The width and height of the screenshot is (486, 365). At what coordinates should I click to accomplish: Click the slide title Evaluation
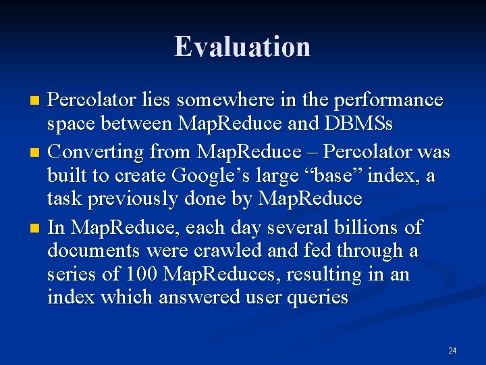coord(242,47)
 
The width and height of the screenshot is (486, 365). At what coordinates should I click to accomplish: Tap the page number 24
coord(452,351)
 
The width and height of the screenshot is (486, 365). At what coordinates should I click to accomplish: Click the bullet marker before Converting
coord(36,151)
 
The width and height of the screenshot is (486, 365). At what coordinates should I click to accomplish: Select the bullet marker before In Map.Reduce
coord(36,226)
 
